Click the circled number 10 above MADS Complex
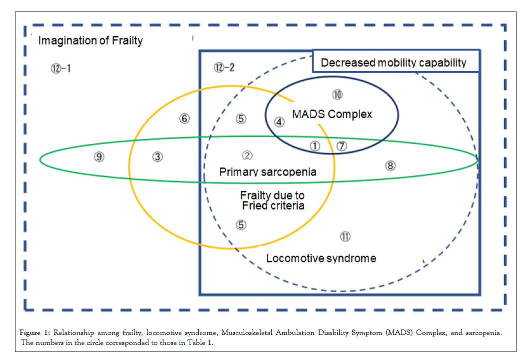[x=337, y=94]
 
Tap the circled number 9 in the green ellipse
[x=99, y=157]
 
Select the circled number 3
[x=158, y=157]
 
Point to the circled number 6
[x=185, y=118]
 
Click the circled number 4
[x=280, y=121]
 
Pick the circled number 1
[x=315, y=145]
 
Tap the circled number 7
[x=342, y=146]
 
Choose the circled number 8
[x=391, y=165]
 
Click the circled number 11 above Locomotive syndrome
[x=345, y=236]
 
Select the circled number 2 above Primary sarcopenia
[x=247, y=156]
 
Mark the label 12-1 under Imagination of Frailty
[x=61, y=68]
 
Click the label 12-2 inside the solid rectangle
[x=224, y=67]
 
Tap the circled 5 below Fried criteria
[x=241, y=224]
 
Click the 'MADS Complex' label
[x=332, y=114]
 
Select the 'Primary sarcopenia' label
[x=268, y=172]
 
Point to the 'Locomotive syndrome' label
[x=321, y=258]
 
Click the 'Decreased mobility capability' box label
[x=394, y=62]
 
